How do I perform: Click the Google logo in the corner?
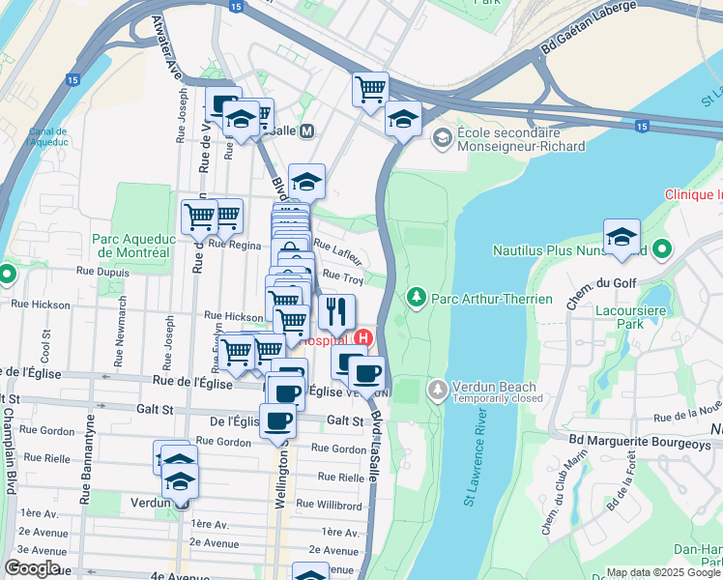coord(33,568)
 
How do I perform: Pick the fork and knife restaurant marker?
coord(336,311)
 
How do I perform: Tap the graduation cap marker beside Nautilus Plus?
coord(622,238)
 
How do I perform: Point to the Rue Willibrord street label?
coord(329,504)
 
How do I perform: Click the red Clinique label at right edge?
coord(693,194)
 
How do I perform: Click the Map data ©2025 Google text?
coord(664,572)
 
